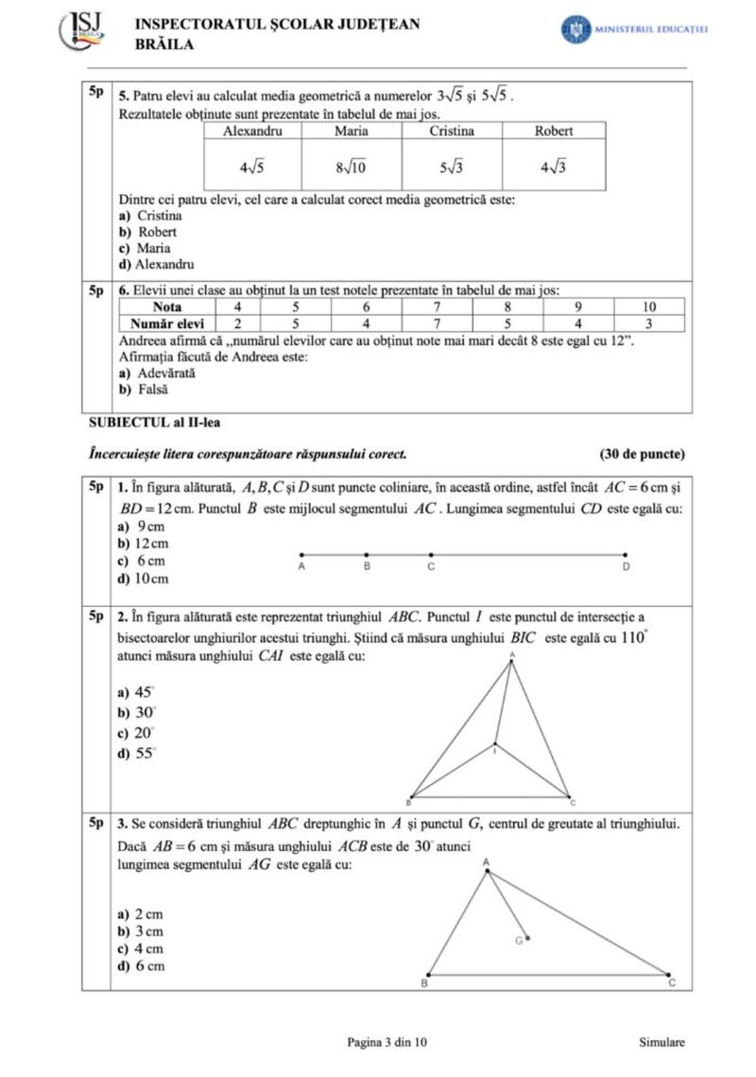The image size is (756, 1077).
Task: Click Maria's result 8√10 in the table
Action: (351, 167)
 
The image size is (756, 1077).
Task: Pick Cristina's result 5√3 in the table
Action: (452, 167)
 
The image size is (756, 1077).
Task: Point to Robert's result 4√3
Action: (553, 167)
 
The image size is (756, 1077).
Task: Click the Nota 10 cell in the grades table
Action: (649, 307)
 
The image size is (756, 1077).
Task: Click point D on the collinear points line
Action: (626, 555)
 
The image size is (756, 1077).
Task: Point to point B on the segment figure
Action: (367, 555)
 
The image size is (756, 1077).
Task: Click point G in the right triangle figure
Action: (527, 939)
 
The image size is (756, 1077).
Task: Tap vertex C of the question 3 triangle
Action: (669, 974)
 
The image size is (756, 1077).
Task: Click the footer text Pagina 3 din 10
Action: (387, 1042)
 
